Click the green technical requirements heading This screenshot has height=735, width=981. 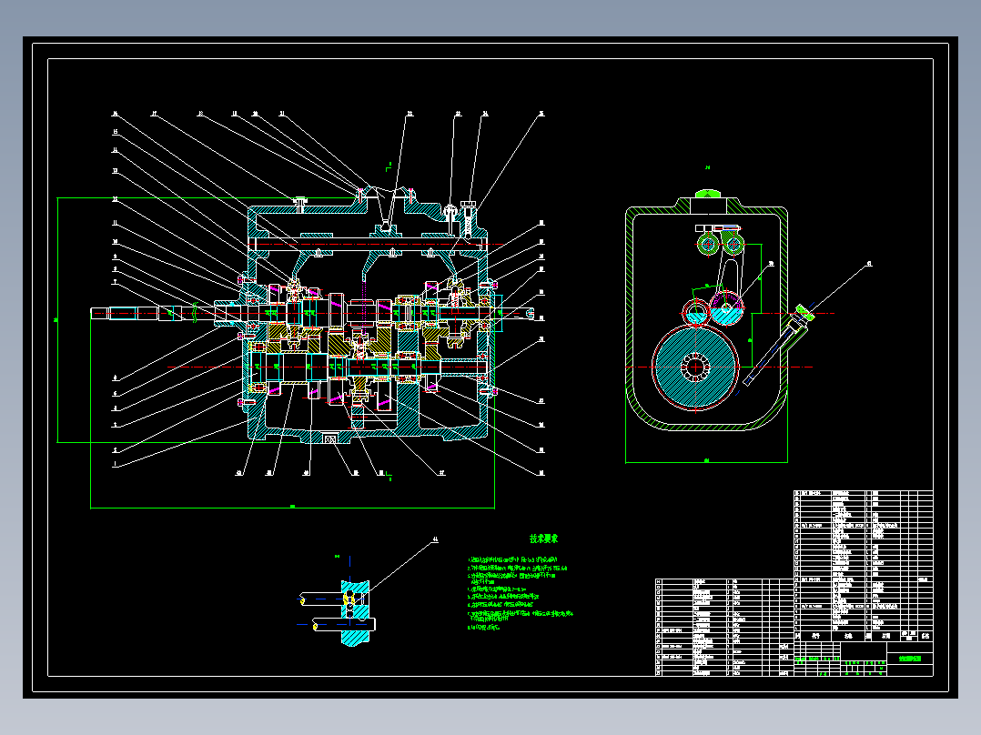tap(543, 539)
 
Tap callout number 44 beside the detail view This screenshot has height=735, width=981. tap(435, 539)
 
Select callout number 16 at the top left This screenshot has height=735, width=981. tap(116, 115)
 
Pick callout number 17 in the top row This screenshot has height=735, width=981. tap(155, 115)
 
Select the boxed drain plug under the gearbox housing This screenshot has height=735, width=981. tap(330, 440)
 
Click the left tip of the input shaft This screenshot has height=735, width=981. tap(94, 314)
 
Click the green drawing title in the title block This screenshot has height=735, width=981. tap(909, 656)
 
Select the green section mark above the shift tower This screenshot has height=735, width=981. tap(389, 166)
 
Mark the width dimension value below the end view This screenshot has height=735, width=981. tap(706, 460)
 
